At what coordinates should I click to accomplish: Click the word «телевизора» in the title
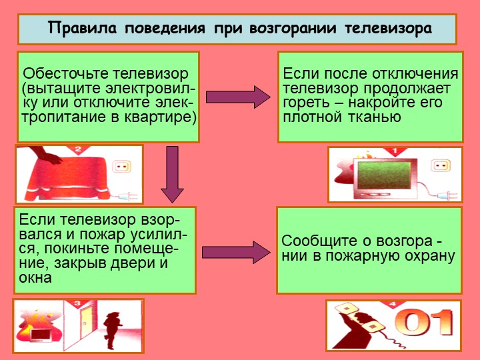click(388, 29)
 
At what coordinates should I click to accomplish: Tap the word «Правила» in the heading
click(83, 28)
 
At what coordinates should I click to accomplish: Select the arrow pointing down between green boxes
click(173, 174)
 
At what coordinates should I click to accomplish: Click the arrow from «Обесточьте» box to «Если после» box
click(238, 97)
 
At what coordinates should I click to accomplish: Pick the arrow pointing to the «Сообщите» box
click(236, 252)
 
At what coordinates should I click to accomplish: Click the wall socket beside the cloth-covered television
click(122, 167)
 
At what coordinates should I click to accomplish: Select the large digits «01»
click(423, 323)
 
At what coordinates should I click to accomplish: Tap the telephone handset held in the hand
click(360, 319)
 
